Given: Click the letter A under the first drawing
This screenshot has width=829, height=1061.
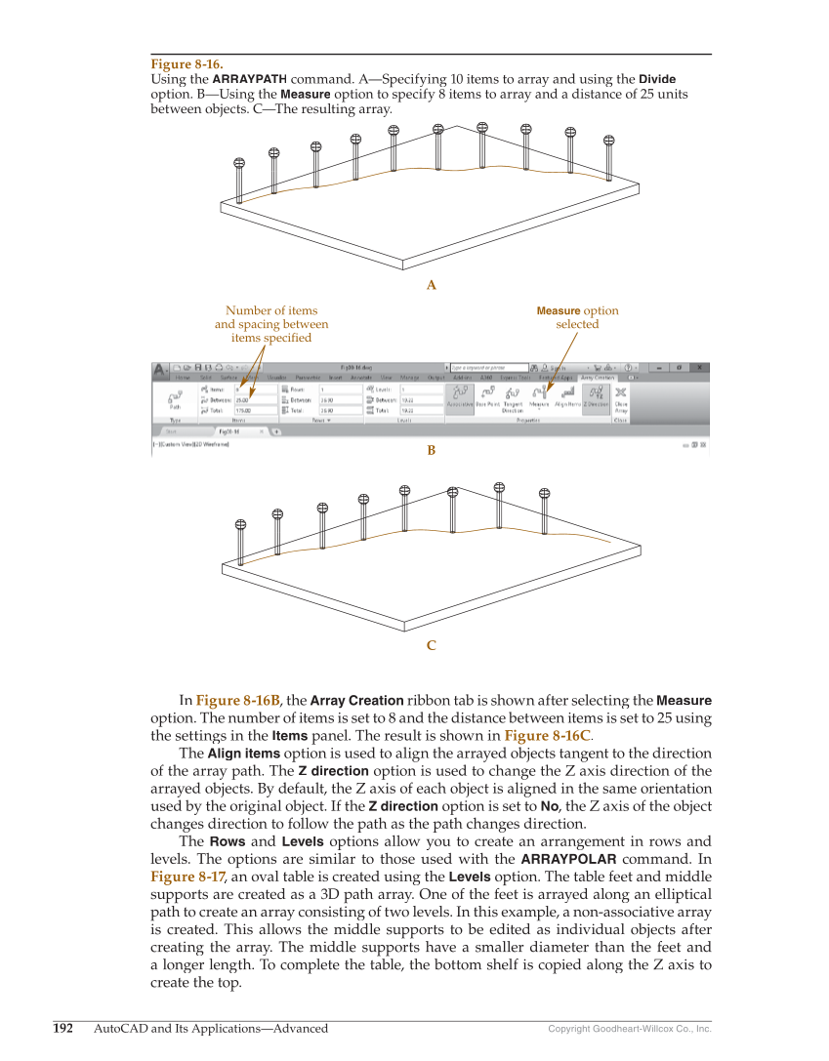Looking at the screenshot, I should pyautogui.click(x=431, y=286).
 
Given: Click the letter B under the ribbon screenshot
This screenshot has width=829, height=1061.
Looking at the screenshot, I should pyautogui.click(x=431, y=451).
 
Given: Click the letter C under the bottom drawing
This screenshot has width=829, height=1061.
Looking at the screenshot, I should pyautogui.click(x=431, y=645).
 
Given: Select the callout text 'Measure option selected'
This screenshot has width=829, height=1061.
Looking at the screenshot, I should pyautogui.click(x=577, y=317).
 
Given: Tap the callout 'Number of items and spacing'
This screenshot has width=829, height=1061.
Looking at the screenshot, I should pyautogui.click(x=271, y=324).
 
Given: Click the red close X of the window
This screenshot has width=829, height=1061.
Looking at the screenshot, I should pyautogui.click(x=699, y=368).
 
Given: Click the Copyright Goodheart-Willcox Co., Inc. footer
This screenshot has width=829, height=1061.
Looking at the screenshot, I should pyautogui.click(x=629, y=1029).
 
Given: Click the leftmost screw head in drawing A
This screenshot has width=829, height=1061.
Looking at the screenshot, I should pyautogui.click(x=237, y=164).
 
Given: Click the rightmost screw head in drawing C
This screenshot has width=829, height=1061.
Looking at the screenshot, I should pyautogui.click(x=545, y=494).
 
